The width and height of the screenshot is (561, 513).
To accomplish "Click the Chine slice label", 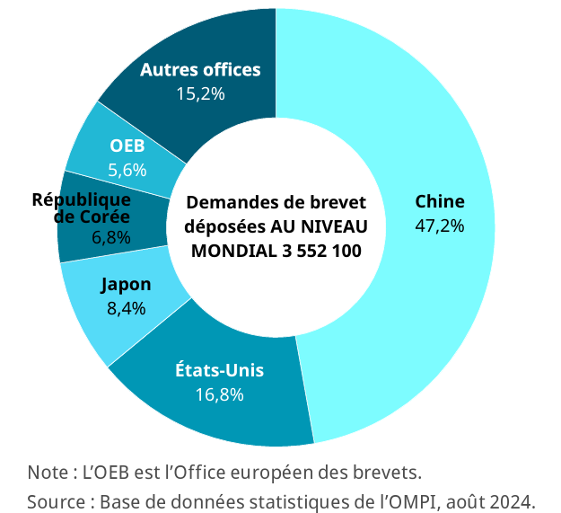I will (439, 202).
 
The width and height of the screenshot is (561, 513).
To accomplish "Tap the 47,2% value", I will (439, 226).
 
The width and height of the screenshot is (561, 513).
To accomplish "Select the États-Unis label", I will (219, 370).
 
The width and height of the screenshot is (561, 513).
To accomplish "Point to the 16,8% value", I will (219, 394).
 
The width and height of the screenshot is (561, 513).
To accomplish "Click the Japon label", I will (126, 285).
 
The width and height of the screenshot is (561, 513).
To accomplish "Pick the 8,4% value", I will (126, 308).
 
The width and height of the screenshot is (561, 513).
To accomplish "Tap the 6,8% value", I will (111, 238).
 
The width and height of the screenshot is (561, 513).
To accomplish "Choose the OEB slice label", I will (127, 146).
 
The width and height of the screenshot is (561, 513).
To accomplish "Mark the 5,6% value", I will (127, 169).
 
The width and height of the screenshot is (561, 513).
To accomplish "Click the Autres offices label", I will (200, 69).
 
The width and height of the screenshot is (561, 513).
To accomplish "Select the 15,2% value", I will (200, 93).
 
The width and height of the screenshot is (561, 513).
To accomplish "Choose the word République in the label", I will (82, 199).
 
